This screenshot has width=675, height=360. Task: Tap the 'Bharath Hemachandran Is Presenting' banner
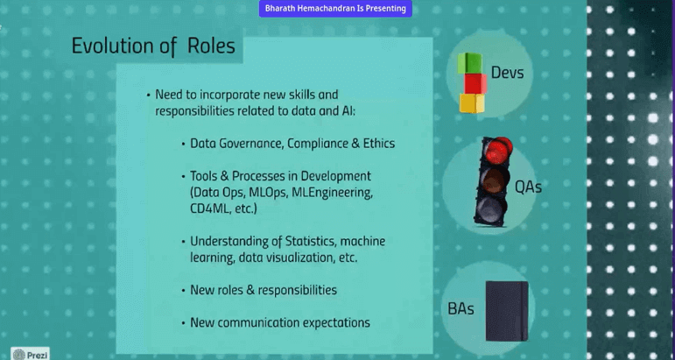point(336,8)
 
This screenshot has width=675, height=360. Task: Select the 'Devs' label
point(507,72)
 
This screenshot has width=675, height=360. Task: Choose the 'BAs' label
point(461,307)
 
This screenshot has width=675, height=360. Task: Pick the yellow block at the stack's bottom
point(471,103)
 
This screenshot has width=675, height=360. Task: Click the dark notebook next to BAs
point(507,311)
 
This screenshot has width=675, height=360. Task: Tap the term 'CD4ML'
point(210,210)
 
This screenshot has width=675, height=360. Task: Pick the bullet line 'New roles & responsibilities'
point(263,290)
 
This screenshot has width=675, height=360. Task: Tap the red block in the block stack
point(475,84)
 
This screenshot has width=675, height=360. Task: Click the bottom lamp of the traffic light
point(488,208)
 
